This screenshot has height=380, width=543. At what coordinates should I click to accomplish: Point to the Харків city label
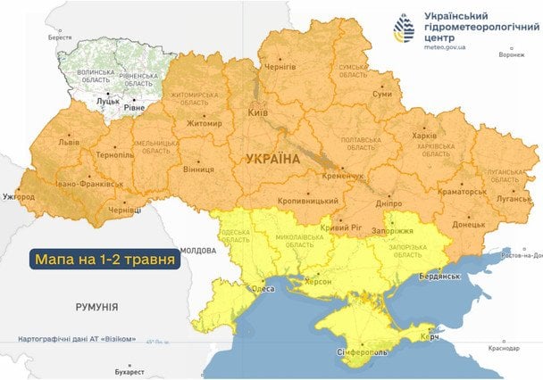[423, 136]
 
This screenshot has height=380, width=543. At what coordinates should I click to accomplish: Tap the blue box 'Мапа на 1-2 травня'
[104, 260]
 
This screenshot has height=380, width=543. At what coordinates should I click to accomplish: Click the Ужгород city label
[19, 195]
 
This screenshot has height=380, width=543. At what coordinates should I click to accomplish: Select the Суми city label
[381, 94]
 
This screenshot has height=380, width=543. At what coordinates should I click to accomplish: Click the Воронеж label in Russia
[511, 55]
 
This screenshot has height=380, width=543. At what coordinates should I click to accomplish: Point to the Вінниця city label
[197, 168]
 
